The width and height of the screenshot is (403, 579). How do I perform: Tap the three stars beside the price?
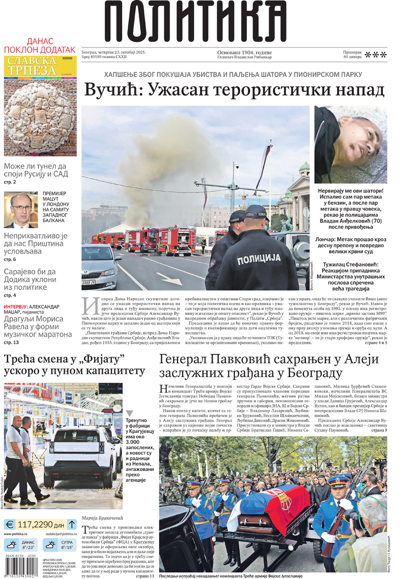376,55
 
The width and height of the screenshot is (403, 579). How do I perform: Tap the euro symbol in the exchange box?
9,524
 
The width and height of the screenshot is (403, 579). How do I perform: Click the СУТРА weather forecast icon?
51,545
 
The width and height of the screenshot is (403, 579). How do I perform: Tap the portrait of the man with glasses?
21,210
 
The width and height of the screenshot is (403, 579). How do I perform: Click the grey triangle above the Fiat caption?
129,414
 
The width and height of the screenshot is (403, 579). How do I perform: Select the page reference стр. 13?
11,343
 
